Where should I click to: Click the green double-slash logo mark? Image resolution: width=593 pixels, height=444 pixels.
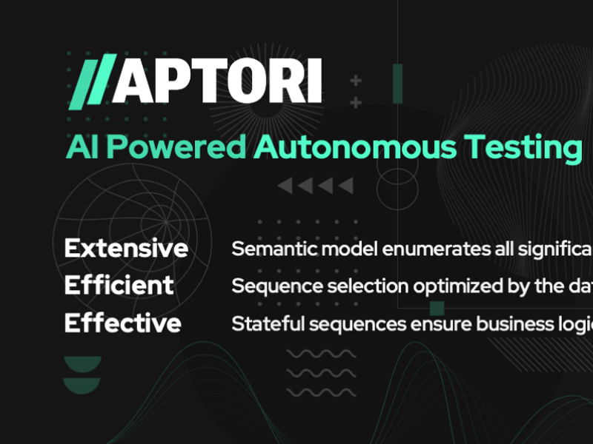[x=91, y=81]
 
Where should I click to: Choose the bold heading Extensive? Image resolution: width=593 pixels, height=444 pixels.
[x=126, y=248]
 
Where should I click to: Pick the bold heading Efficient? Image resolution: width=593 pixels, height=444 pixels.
[x=119, y=286]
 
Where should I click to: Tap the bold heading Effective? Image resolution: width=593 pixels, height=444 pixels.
[x=123, y=323]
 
